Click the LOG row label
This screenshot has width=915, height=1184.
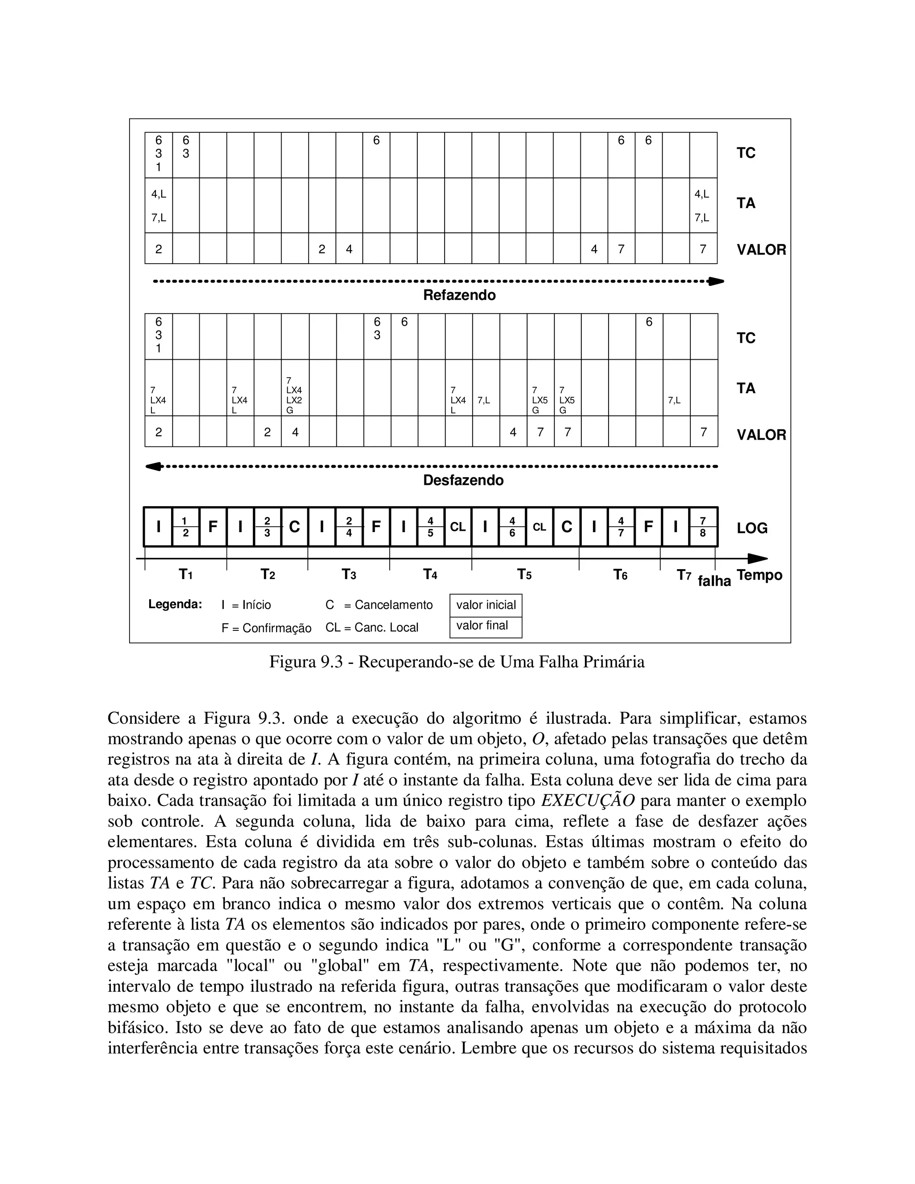(x=751, y=528)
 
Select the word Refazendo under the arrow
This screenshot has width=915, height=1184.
(x=459, y=295)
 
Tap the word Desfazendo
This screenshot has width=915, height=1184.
(x=463, y=480)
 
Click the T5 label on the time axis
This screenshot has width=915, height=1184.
(x=524, y=574)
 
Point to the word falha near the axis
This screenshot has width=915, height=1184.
(x=714, y=581)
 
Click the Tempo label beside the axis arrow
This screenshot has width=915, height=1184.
(x=759, y=575)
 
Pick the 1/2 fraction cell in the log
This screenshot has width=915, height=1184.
(x=185, y=527)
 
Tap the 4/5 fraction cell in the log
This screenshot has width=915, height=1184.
(x=430, y=527)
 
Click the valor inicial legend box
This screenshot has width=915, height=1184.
(x=486, y=605)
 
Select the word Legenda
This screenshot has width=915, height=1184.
(x=175, y=605)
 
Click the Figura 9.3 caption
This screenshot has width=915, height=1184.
(x=457, y=662)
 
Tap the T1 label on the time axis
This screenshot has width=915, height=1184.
(x=185, y=574)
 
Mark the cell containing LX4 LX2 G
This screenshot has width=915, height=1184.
(x=295, y=395)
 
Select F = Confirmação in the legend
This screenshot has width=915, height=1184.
(x=266, y=628)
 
